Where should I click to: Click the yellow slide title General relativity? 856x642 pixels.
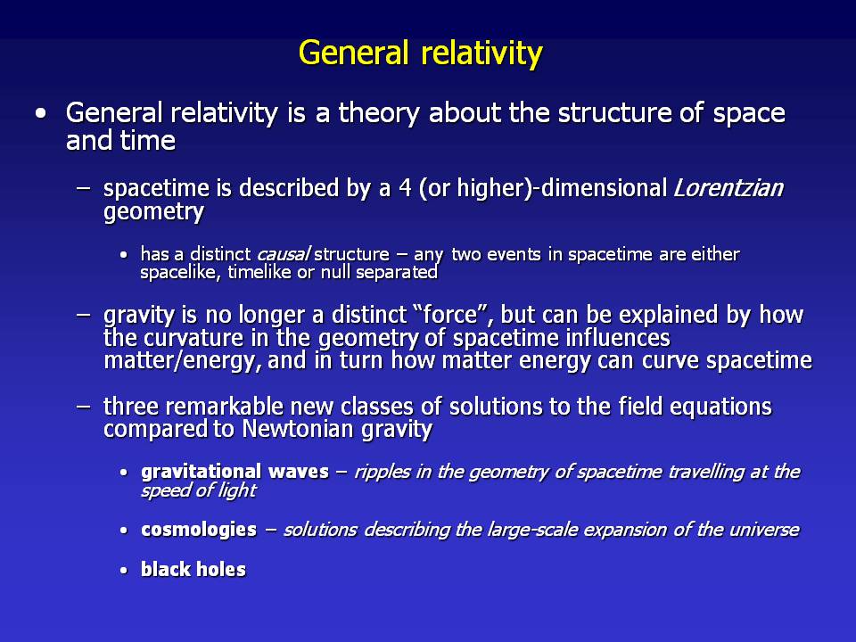tap(420, 54)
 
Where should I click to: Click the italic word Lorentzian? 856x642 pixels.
tap(728, 188)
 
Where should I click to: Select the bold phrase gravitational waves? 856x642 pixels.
tap(235, 472)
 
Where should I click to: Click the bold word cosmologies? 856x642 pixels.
tap(199, 530)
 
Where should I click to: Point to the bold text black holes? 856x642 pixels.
tap(193, 570)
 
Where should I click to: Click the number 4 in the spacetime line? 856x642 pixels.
tap(405, 188)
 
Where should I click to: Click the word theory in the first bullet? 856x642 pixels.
tap(379, 113)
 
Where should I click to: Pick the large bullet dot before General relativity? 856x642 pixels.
tap(41, 114)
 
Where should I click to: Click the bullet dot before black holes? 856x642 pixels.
tap(124, 571)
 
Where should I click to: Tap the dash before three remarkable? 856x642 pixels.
tap(83, 407)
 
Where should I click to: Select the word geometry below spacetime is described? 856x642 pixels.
tap(153, 212)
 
